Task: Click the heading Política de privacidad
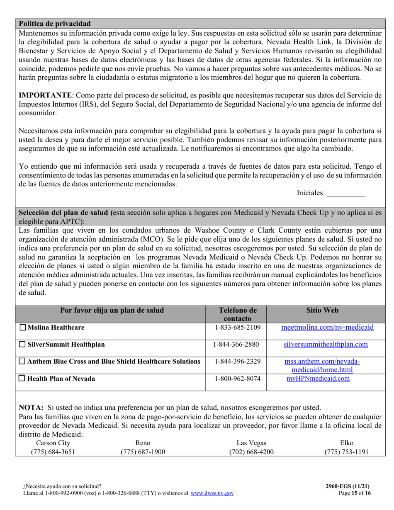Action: click(x=55, y=24)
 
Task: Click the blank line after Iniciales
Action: click(x=346, y=193)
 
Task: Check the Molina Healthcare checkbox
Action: click(x=23, y=328)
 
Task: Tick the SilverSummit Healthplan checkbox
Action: click(x=23, y=345)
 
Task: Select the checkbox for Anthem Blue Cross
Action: click(x=23, y=362)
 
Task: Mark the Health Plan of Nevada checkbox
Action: click(x=23, y=379)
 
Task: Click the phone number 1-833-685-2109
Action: click(x=237, y=328)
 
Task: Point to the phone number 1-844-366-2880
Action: click(x=237, y=345)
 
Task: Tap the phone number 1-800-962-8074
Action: click(x=237, y=379)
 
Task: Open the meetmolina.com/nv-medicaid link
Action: click(x=327, y=328)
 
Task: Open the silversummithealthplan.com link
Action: click(x=326, y=345)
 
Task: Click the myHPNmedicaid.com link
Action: click(x=318, y=379)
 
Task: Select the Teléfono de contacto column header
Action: click(x=237, y=314)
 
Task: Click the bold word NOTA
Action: click(x=31, y=408)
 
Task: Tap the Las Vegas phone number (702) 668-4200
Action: click(x=251, y=452)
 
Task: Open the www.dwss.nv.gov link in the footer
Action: click(x=212, y=493)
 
